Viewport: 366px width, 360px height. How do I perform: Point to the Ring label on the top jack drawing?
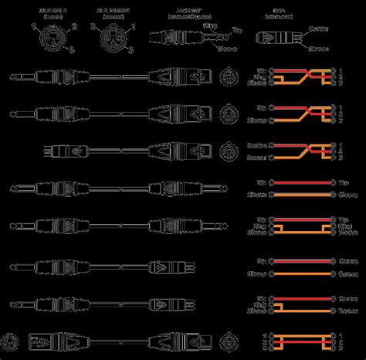208,25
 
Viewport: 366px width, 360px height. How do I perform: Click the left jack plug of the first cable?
39,77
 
